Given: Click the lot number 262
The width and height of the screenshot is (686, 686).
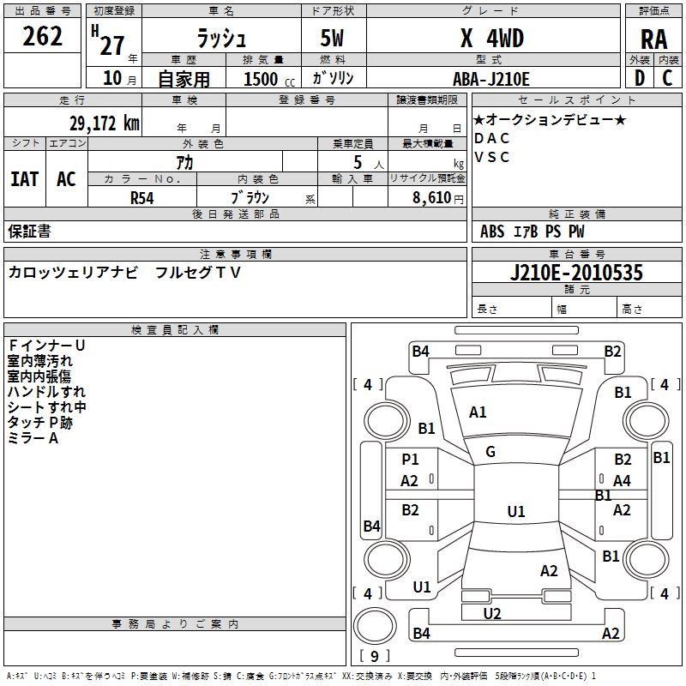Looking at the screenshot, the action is pos(43,37).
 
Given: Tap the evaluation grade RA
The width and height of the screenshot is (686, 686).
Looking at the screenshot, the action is pos(654,39).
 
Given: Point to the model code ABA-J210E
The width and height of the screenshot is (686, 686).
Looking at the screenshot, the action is pos(491,79).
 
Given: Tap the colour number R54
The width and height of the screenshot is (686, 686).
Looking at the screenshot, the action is pos(142,197).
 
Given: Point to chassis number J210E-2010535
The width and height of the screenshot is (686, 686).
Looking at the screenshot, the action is pos(575,273).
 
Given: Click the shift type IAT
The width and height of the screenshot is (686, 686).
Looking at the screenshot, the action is pos(25,179).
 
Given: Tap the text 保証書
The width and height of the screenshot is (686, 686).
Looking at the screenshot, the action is pos(29,231).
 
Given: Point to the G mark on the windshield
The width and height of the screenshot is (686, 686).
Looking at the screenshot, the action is pos(490,452).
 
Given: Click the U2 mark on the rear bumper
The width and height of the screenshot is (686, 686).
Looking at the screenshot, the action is pos(492,613).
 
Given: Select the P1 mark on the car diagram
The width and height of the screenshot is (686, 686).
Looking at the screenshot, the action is pos(410,460).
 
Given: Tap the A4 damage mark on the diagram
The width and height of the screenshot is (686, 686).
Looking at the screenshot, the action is pos(623,481).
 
